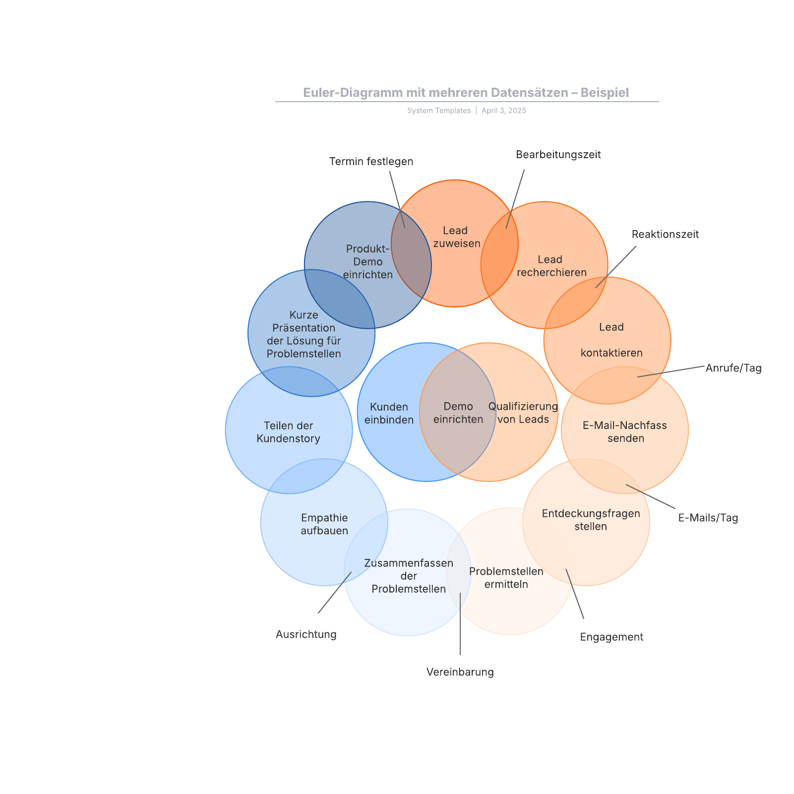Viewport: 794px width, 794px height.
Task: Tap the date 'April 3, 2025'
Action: pyautogui.click(x=504, y=111)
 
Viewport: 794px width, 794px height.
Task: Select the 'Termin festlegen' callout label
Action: pyautogui.click(x=371, y=162)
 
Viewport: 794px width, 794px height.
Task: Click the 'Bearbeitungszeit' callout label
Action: pyautogui.click(x=558, y=155)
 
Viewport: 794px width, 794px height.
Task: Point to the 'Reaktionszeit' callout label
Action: pyautogui.click(x=665, y=234)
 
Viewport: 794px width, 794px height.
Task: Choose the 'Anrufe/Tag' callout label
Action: pyautogui.click(x=733, y=368)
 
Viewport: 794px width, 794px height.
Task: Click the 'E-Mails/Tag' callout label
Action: pyautogui.click(x=708, y=518)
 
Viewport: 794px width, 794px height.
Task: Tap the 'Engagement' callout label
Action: pyautogui.click(x=611, y=637)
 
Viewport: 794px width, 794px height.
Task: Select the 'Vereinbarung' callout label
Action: pyautogui.click(x=460, y=672)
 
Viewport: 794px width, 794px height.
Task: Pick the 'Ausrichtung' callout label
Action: pyautogui.click(x=306, y=634)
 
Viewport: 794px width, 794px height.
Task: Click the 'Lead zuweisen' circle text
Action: pyautogui.click(x=456, y=237)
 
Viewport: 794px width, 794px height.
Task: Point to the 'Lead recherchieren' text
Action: pyautogui.click(x=551, y=266)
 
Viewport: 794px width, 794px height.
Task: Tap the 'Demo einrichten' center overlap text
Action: pyautogui.click(x=458, y=413)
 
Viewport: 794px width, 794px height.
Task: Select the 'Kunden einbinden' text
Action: pyautogui.click(x=389, y=413)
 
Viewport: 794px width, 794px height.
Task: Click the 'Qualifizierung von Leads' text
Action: pyautogui.click(x=523, y=413)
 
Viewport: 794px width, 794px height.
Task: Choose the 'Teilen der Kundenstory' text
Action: pyautogui.click(x=289, y=432)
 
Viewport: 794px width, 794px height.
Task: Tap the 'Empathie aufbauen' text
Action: pyautogui.click(x=324, y=524)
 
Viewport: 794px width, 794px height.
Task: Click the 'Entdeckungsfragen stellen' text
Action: pyautogui.click(x=591, y=520)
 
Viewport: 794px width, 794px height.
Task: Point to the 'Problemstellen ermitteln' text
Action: pyautogui.click(x=506, y=578)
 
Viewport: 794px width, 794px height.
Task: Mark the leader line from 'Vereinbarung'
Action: pyautogui.click(x=460, y=624)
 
